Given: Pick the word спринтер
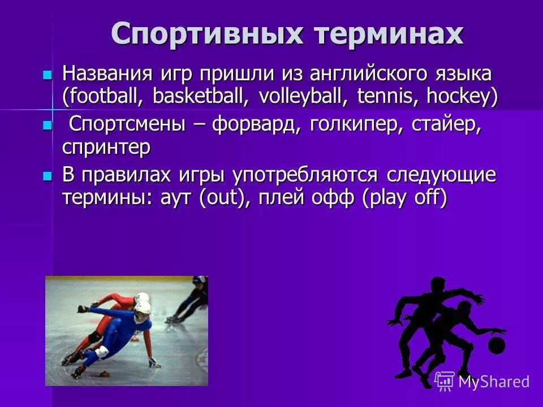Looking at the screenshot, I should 106,148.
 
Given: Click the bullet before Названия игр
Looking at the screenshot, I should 48,74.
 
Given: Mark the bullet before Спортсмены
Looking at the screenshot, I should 48,125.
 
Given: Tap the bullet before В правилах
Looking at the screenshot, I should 48,176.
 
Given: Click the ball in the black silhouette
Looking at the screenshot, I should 496,345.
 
